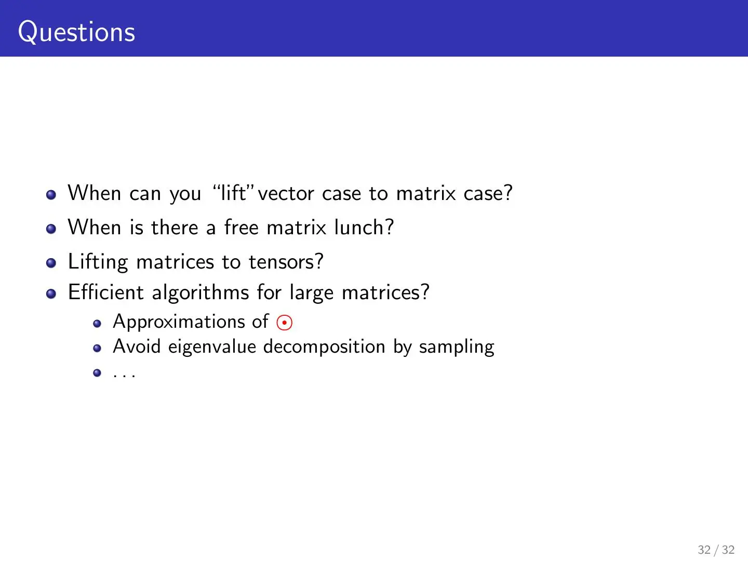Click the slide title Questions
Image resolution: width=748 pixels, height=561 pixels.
(77, 32)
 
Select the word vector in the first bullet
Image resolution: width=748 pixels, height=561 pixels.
(286, 193)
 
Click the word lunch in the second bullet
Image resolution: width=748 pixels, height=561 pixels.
(364, 227)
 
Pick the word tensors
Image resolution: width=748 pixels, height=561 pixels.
(286, 262)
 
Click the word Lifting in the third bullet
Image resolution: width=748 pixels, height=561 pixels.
(98, 262)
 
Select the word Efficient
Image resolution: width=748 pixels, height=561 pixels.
(106, 292)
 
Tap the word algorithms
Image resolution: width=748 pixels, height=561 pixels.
(201, 292)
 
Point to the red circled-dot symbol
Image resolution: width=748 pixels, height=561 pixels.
(284, 322)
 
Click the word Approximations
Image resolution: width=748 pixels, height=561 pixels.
(179, 322)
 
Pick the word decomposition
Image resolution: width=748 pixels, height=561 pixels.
(324, 347)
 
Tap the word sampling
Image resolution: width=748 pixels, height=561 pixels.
(457, 347)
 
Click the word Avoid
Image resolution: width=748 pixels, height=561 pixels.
(137, 346)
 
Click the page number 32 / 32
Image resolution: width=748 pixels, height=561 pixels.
(716, 550)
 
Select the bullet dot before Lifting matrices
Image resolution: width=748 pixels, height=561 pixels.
(51, 263)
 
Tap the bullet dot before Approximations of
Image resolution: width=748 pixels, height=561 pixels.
(97, 323)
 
